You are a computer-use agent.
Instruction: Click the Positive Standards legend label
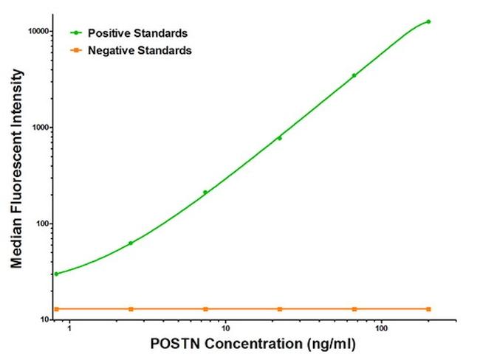(x=137, y=33)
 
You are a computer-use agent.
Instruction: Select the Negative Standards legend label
(x=140, y=50)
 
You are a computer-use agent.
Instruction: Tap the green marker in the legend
(x=76, y=33)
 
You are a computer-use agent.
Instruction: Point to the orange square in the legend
(x=76, y=50)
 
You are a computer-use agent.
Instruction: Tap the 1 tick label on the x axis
(x=69, y=328)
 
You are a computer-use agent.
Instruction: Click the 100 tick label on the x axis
(x=381, y=328)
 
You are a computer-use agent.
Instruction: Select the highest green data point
(x=428, y=21)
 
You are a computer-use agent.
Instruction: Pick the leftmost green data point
(x=56, y=274)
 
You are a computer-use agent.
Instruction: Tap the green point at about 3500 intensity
(x=354, y=75)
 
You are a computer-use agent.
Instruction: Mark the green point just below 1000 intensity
(x=279, y=138)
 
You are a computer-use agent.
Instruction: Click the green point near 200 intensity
(x=205, y=193)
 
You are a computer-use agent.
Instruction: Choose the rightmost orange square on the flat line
(x=428, y=308)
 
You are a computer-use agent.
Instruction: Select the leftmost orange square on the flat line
(x=56, y=308)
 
